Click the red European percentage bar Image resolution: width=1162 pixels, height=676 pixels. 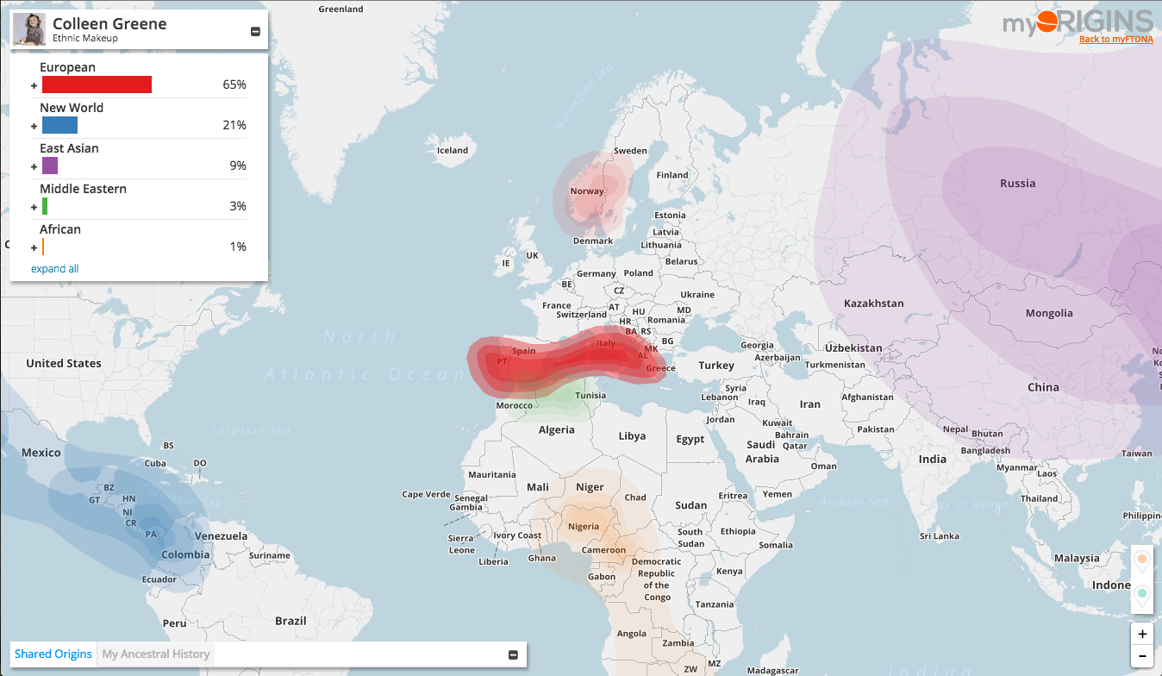click(x=97, y=84)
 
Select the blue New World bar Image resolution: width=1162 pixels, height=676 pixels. click(x=59, y=125)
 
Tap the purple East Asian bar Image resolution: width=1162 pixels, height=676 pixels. click(x=50, y=166)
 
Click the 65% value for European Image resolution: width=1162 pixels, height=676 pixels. click(x=234, y=84)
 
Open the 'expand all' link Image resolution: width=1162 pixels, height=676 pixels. click(x=54, y=269)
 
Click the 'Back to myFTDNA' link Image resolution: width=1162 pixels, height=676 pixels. click(x=1115, y=39)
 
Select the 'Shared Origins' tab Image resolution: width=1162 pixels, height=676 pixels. click(x=53, y=654)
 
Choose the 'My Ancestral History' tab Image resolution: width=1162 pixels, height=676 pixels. click(x=156, y=654)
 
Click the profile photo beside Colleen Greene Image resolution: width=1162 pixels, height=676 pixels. click(x=29, y=29)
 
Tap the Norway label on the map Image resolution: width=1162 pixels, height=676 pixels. click(x=587, y=191)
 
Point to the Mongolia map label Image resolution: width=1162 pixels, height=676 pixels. click(x=1049, y=313)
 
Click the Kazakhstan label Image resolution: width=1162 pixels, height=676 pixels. click(x=873, y=304)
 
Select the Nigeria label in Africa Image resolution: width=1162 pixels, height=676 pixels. click(x=584, y=526)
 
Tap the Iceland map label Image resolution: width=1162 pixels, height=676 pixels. click(x=453, y=150)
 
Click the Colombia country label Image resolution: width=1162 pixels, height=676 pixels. click(x=185, y=554)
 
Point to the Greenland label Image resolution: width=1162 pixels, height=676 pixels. click(x=340, y=9)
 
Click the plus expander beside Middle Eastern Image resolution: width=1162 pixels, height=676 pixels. click(x=34, y=207)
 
